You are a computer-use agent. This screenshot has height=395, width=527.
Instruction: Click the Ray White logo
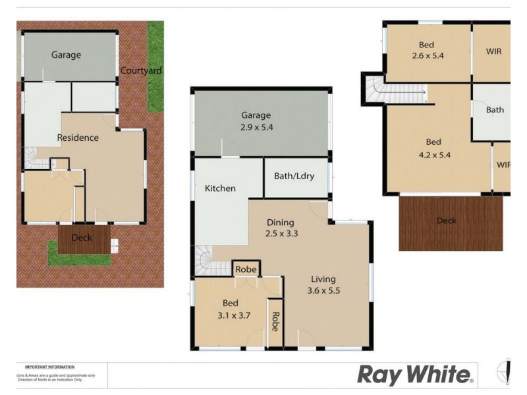pos(415,375)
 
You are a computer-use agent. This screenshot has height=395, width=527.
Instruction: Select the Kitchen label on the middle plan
pos(220,188)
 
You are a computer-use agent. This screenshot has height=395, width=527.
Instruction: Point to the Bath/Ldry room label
pos(295,176)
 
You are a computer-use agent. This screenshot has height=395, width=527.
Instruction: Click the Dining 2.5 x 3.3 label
pos(280,228)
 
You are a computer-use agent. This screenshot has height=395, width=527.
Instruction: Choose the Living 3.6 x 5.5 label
pos(323,284)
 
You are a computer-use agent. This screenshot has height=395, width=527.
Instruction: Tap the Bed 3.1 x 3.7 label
pos(230,309)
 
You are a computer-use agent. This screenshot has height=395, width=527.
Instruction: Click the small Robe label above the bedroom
pos(245,269)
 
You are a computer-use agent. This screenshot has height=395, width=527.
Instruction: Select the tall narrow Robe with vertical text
pos(275,321)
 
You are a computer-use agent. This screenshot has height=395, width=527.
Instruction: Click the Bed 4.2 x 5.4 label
pos(433,149)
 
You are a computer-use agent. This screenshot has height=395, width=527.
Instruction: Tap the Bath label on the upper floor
pos(495,110)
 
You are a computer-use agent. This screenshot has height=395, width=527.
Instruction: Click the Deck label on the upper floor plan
pos(447,221)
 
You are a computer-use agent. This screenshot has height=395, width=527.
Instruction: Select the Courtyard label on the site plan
pos(141,70)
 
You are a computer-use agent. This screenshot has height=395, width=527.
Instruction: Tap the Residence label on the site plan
pos(78,138)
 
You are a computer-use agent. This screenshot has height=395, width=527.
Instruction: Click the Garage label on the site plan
pos(67,55)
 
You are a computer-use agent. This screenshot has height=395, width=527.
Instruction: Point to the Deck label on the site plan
pos(82,238)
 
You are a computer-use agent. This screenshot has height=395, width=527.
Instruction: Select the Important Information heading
pos(49,367)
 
